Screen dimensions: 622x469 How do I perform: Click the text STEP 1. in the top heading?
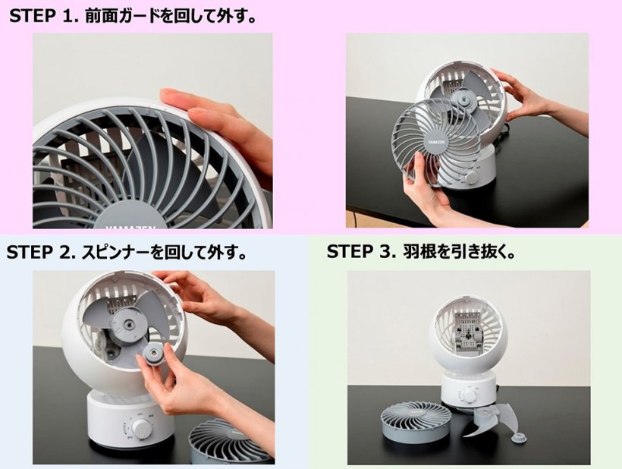tap(42, 16)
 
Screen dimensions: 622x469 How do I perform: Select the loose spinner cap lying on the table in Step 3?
tap(519, 439)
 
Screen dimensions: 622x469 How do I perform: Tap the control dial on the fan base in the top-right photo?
tap(473, 176)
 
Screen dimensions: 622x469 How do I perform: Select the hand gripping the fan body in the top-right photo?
tap(536, 99)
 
